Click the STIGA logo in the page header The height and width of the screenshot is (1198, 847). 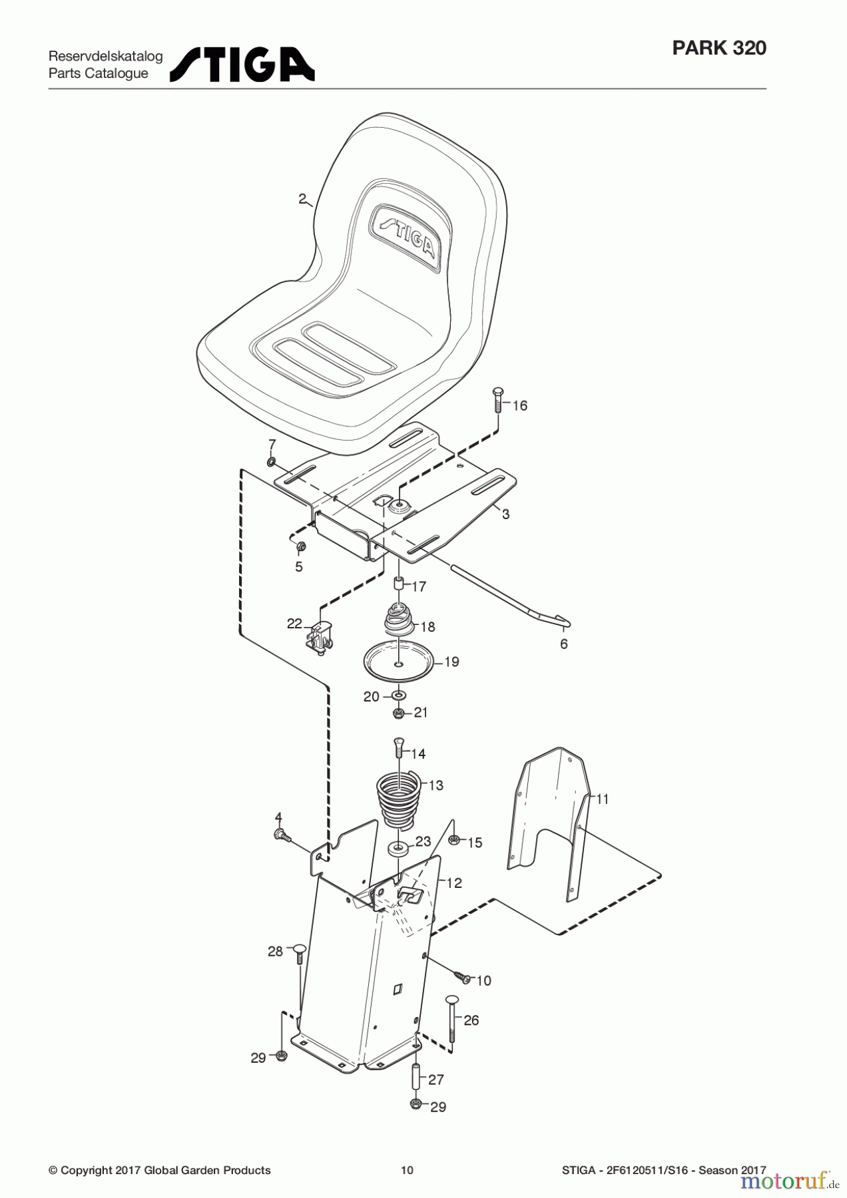tap(242, 65)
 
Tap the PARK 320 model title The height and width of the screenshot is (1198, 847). tap(719, 49)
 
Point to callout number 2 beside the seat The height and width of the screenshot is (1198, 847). tap(302, 198)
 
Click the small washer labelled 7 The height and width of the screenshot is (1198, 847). tap(272, 462)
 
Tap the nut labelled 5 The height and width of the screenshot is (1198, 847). tap(300, 547)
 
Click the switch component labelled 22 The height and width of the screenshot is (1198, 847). tap(320, 636)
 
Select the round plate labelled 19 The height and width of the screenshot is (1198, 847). tap(398, 660)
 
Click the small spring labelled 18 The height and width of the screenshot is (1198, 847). tap(400, 618)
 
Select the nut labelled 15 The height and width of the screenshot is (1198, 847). tap(454, 840)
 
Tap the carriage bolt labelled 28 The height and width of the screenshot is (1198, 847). tap(298, 954)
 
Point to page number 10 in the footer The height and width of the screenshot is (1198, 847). tap(408, 1170)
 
